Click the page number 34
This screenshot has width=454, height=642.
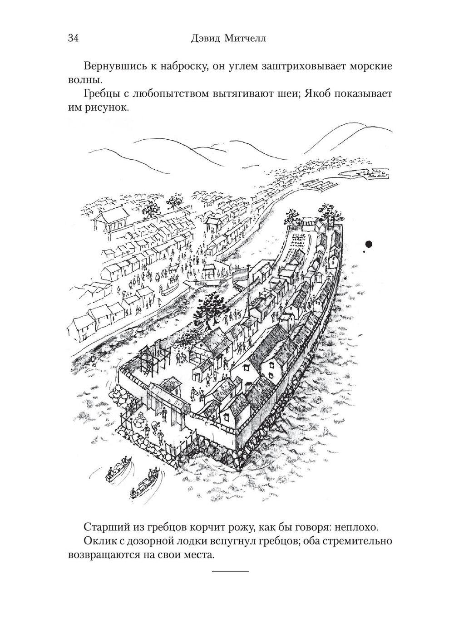73,38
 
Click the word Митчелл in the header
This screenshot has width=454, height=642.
245,38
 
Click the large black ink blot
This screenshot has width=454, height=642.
369,244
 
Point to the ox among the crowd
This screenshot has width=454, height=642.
173,268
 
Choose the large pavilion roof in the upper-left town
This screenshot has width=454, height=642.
114,216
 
